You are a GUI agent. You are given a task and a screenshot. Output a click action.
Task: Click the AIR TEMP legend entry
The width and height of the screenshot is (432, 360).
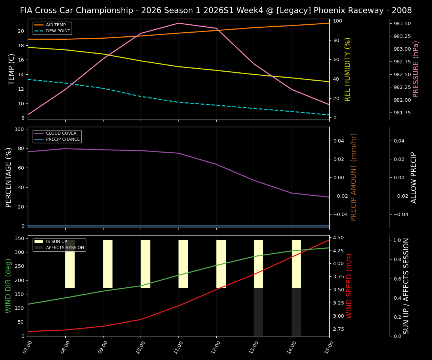point(55,25)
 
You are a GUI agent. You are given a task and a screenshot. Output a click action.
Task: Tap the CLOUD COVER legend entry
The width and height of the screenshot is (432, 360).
point(61,133)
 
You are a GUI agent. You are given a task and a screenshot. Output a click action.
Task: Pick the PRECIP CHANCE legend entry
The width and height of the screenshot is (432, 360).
point(63,139)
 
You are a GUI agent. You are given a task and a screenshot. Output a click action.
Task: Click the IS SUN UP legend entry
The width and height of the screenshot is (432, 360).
point(57,242)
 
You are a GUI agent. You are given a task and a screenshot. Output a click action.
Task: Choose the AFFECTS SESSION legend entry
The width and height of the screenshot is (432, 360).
point(65,248)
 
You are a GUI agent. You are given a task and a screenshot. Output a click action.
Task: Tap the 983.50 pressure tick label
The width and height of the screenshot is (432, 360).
point(402,24)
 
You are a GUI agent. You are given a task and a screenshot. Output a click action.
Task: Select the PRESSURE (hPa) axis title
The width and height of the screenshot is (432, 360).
point(416,69)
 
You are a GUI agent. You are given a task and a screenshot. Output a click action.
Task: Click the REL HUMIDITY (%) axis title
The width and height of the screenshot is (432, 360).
point(348,69)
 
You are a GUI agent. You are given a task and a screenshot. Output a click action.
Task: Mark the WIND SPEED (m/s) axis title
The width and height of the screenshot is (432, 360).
point(349,286)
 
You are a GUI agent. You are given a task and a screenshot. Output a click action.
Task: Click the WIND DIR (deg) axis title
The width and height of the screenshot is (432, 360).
point(8,286)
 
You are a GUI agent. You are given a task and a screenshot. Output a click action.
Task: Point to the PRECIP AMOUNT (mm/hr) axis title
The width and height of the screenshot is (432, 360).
point(354,177)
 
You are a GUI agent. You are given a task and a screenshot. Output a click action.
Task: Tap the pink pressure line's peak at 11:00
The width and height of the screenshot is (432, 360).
point(178,23)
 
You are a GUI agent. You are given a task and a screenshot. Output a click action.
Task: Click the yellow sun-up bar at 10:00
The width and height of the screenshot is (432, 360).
point(145,264)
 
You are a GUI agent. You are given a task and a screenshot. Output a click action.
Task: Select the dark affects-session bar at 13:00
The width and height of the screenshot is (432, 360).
point(258,312)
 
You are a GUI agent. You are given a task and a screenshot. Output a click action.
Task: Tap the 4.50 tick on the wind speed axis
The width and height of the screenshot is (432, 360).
point(339,238)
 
